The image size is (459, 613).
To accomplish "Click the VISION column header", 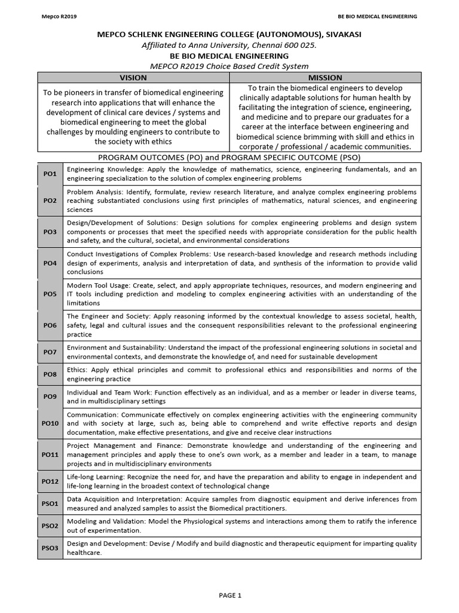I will coord(133,77).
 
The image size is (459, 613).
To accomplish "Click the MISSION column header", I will coord(325,77).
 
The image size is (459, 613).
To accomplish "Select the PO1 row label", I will coord(50,174).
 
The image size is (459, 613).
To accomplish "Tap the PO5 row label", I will coord(50,295).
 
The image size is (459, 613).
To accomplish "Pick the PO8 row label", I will coord(50,374).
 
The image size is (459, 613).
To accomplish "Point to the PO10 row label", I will coord(50,423).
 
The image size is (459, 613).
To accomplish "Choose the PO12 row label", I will coord(50,481).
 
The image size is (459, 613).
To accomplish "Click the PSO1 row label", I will coord(50,503).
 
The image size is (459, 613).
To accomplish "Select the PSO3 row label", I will coord(50,548).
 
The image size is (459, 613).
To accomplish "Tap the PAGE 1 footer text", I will coord(230,595).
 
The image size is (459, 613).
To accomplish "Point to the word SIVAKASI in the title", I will coord(341,35).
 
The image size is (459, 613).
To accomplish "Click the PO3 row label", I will coord(50,232).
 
